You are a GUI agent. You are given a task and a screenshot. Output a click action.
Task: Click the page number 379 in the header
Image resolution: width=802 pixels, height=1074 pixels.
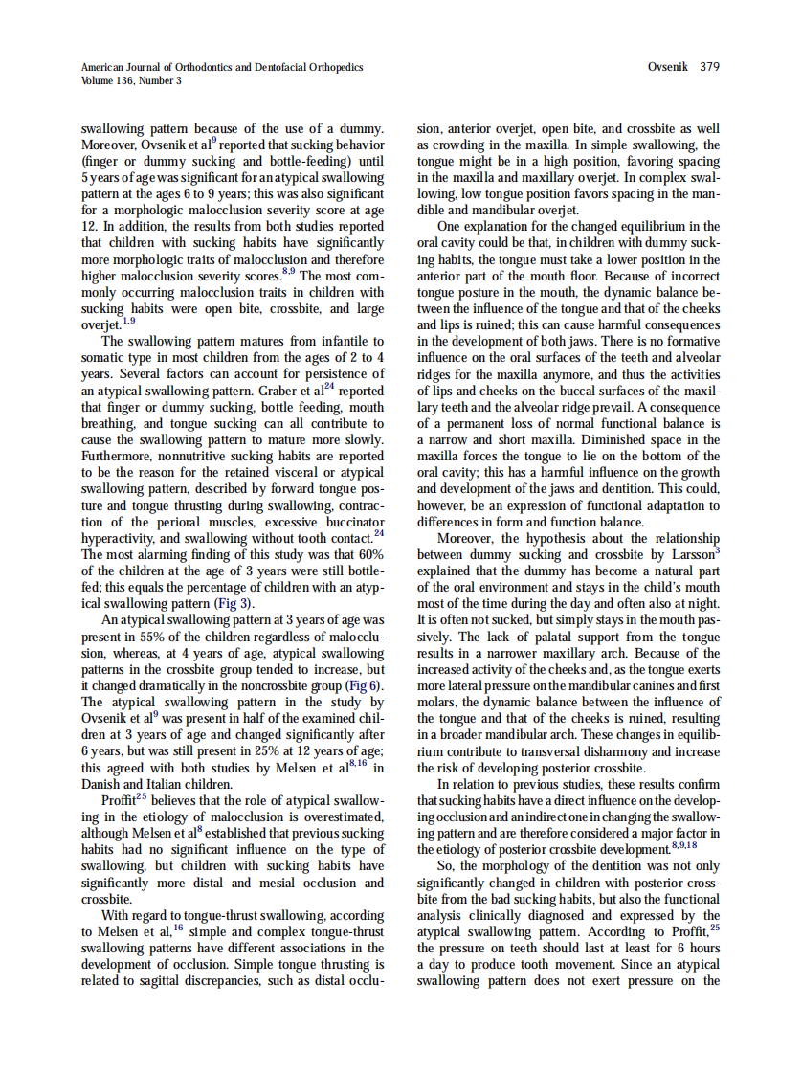point(709,67)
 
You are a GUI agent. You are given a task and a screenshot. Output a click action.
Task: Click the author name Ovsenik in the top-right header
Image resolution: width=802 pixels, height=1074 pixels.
point(670,67)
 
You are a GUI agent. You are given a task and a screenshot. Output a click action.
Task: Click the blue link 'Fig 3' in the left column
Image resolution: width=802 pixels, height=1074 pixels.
point(237,605)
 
